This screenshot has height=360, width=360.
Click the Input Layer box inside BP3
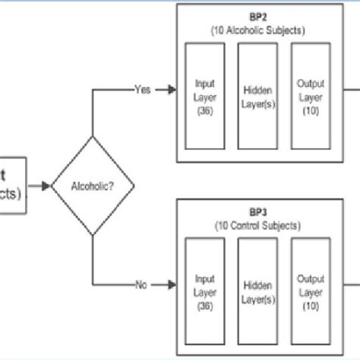coord(205,283)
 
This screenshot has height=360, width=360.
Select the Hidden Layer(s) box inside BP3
coord(257,283)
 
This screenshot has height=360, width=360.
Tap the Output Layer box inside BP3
coord(310,283)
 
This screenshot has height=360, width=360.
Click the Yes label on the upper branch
coord(142,88)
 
